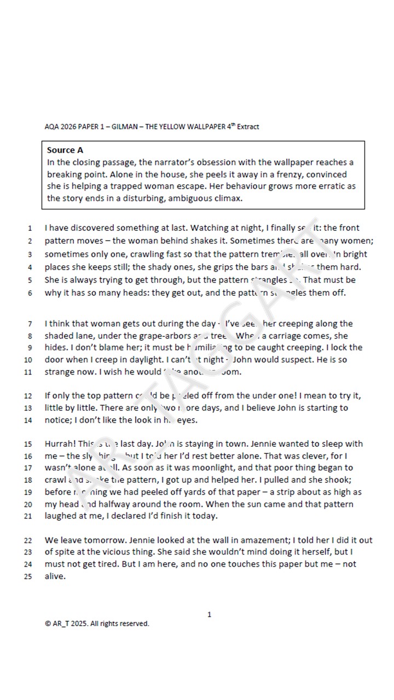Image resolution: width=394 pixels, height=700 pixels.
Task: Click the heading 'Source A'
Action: [65, 150]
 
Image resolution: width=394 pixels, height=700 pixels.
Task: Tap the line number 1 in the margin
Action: [30, 228]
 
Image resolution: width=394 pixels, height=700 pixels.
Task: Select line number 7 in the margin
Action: [30, 324]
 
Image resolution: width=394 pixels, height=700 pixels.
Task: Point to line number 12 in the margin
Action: [29, 396]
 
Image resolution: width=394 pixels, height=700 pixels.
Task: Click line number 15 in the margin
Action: [29, 444]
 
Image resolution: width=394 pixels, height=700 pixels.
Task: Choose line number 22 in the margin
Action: [29, 540]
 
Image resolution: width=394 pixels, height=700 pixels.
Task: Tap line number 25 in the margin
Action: [29, 576]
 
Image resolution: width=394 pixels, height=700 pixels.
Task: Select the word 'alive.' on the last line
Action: [55, 576]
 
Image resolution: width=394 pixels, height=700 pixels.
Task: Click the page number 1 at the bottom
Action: [209, 615]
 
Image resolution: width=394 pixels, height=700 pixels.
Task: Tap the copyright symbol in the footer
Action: [48, 623]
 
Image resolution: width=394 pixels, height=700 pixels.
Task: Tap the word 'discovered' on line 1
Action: [91, 228]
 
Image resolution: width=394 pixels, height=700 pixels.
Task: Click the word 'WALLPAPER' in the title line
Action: [205, 127]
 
